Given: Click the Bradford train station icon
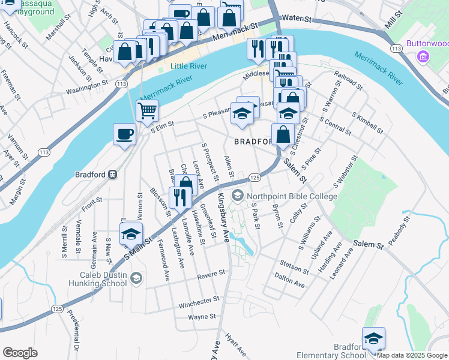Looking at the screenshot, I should (112, 175).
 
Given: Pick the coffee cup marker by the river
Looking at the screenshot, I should (124, 134).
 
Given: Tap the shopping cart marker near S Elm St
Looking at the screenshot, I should (147, 110).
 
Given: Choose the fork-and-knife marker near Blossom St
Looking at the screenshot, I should (180, 197).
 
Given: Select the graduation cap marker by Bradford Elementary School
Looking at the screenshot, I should (373, 338).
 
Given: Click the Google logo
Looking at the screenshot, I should (20, 353).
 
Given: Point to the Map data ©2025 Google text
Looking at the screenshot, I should (412, 355).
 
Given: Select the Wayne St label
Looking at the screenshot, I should (202, 317).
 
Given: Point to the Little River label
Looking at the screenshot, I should (187, 66).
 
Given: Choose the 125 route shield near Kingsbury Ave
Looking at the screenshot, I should (255, 178).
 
